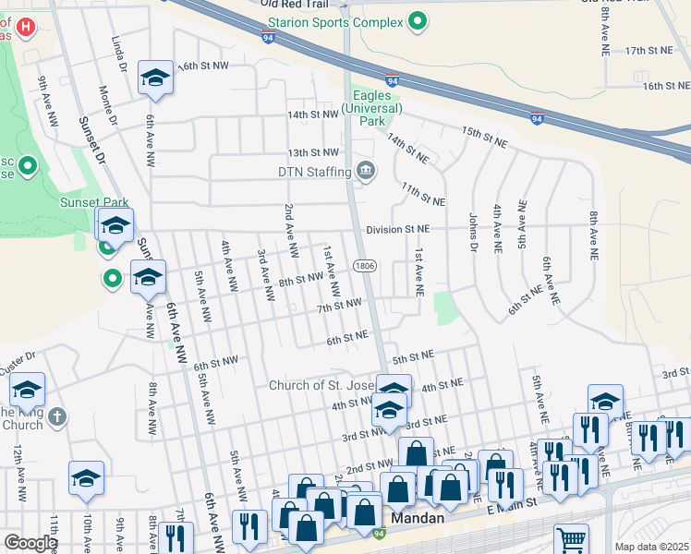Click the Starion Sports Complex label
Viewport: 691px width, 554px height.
coord(335,20)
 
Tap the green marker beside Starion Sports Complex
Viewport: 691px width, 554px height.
coord(418,20)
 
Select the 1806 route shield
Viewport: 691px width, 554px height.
coord(363,266)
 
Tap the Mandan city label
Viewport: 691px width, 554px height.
coord(420,519)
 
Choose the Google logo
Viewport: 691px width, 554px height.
coord(30,543)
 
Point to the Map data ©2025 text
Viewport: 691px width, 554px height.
coord(651,547)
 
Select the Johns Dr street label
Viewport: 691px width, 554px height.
coord(472,233)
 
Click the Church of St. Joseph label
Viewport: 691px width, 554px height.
coord(323,385)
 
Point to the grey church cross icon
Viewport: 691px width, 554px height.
coord(56,417)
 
